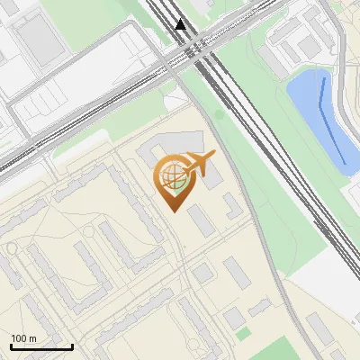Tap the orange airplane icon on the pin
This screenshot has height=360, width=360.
click(x=200, y=164)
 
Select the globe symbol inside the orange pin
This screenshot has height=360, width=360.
click(x=171, y=175)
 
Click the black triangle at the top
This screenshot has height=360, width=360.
click(x=181, y=24)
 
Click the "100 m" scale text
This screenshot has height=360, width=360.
click(x=23, y=338)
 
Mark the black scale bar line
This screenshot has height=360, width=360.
click(x=41, y=346)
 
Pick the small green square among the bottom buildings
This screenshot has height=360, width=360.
click(x=243, y=334)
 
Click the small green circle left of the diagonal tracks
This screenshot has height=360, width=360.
click(x=218, y=114)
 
